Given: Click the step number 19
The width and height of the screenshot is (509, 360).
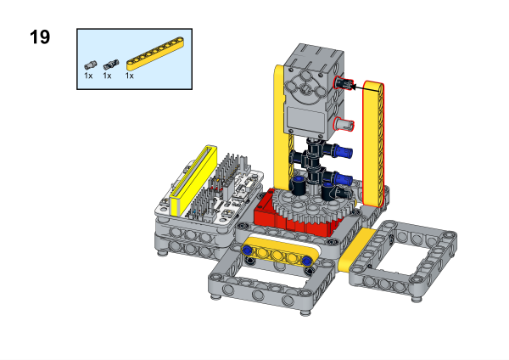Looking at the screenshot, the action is [40, 37].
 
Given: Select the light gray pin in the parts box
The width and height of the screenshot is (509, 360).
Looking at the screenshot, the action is [91, 65].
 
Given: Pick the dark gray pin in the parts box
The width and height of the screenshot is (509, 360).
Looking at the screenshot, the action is [111, 65].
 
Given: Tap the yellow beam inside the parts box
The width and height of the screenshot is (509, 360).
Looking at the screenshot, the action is [155, 53].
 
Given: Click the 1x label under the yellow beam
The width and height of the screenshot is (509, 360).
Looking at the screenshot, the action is [130, 76].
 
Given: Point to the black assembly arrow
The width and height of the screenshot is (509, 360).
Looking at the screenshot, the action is [365, 87].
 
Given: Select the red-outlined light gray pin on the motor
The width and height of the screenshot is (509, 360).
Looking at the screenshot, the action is [344, 124].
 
